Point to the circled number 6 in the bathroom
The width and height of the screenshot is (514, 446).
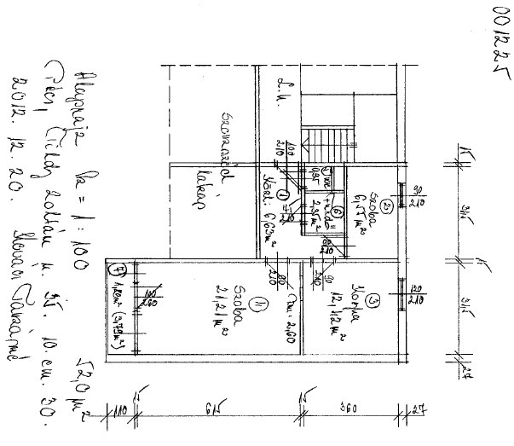click(x=338, y=211)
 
